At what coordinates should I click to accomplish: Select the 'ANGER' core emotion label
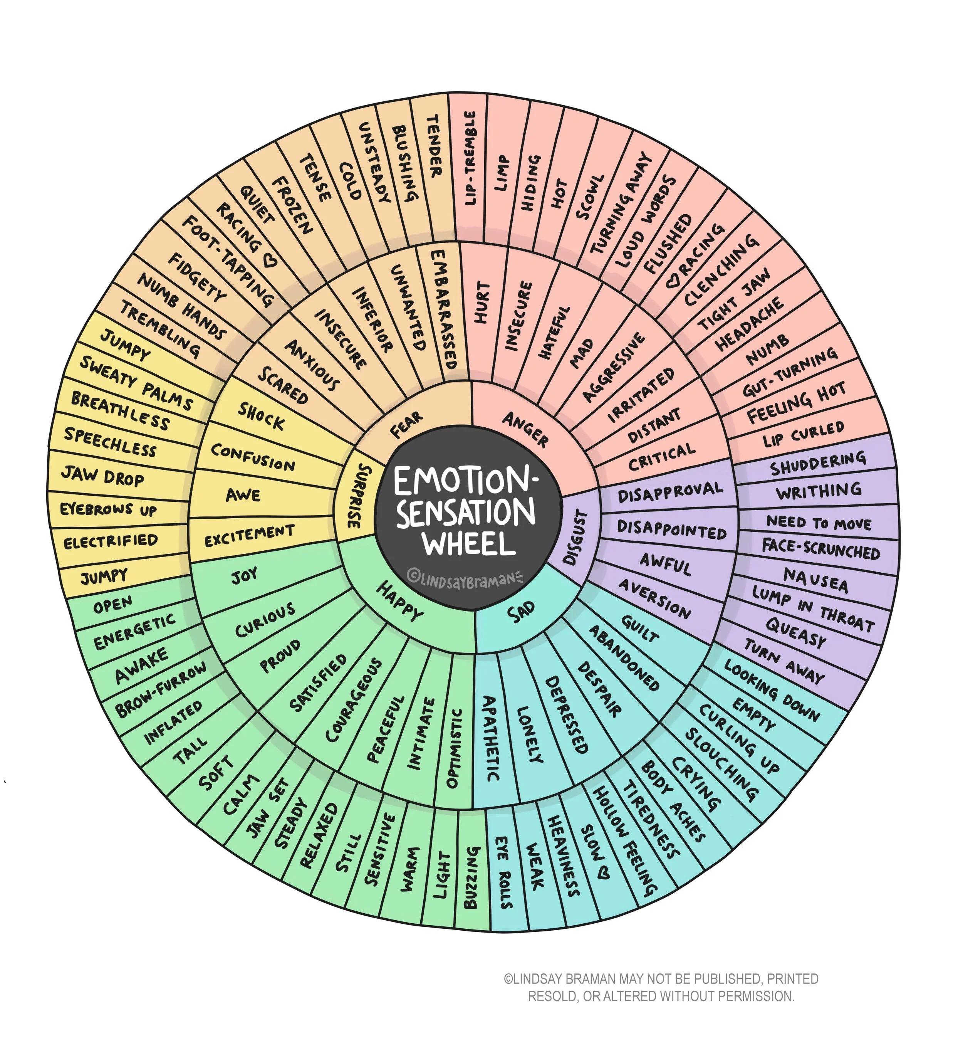pyautogui.click(x=526, y=429)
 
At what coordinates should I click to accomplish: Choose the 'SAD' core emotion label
pyautogui.click(x=521, y=612)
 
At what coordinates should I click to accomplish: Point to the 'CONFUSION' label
pyautogui.click(x=253, y=457)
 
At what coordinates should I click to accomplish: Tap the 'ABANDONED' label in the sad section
pyautogui.click(x=624, y=659)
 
